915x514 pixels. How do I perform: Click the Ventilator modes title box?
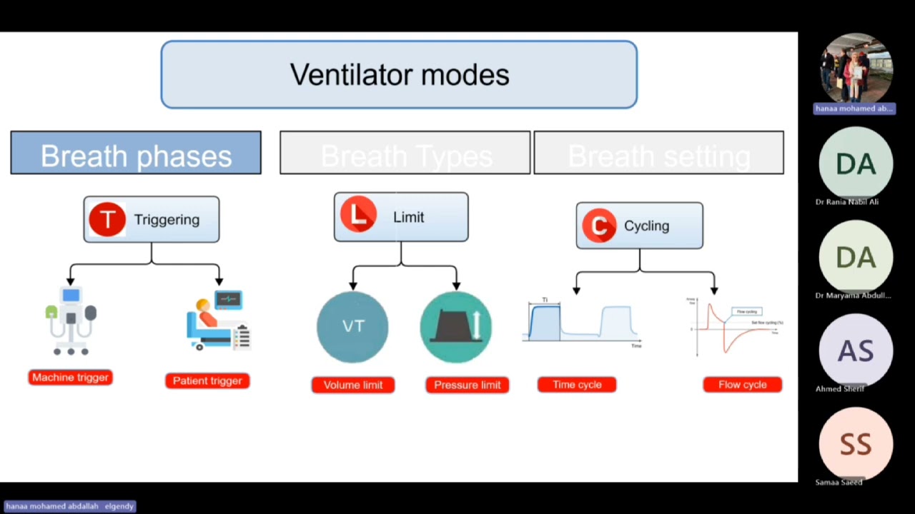click(x=399, y=74)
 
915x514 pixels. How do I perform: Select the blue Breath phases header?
click(x=136, y=153)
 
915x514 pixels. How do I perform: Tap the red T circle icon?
click(x=107, y=220)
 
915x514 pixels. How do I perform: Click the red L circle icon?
click(x=359, y=216)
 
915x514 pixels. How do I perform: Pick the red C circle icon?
click(x=599, y=226)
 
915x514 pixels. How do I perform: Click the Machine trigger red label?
click(x=70, y=378)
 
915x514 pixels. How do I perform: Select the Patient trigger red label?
click(x=207, y=381)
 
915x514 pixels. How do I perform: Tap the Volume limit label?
click(x=353, y=385)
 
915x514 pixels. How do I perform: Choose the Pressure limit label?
click(x=468, y=385)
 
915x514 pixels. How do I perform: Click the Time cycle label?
click(x=577, y=385)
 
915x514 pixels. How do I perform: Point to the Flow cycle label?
click(x=742, y=385)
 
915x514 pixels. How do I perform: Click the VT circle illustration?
click(x=352, y=327)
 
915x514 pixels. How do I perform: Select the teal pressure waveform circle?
click(x=456, y=327)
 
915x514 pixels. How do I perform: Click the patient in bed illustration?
click(x=219, y=321)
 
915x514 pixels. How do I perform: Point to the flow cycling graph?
click(x=735, y=327)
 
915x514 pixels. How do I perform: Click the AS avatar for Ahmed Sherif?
click(x=856, y=350)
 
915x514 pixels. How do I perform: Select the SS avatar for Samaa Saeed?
click(x=856, y=443)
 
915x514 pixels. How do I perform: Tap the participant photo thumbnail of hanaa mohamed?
click(x=856, y=69)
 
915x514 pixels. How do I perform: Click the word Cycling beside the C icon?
click(x=646, y=226)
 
